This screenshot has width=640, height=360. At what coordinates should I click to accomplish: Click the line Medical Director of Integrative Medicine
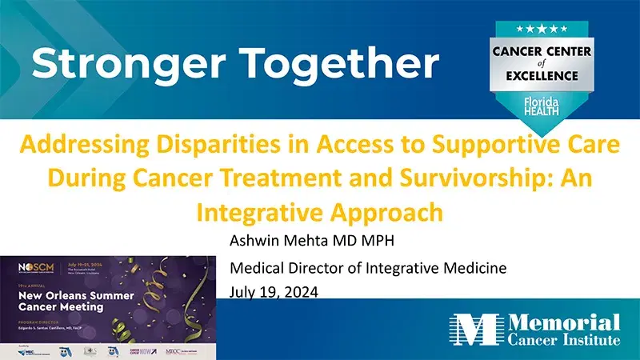pyautogui.click(x=367, y=268)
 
